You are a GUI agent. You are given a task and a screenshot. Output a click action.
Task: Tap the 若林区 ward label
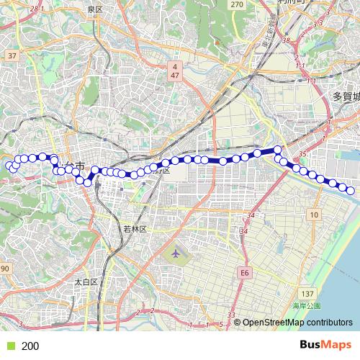pos(135,228)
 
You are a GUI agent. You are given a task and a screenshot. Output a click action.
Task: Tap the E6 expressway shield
pos(246,273)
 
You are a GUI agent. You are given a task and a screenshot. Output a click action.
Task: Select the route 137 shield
pos(308,294)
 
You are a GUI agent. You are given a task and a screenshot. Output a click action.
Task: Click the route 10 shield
pos(315,215)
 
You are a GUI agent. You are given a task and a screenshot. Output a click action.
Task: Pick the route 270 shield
pos(238,4)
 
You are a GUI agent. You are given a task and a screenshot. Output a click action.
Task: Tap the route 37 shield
pos(12,55)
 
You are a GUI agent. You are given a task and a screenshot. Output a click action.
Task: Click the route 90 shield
pos(4,269)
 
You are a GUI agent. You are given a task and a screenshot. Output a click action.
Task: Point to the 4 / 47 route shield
pos(174,70)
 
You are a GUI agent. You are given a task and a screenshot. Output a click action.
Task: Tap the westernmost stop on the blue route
pos(10,166)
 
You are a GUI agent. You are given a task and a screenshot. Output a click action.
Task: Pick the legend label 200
pos(30,346)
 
